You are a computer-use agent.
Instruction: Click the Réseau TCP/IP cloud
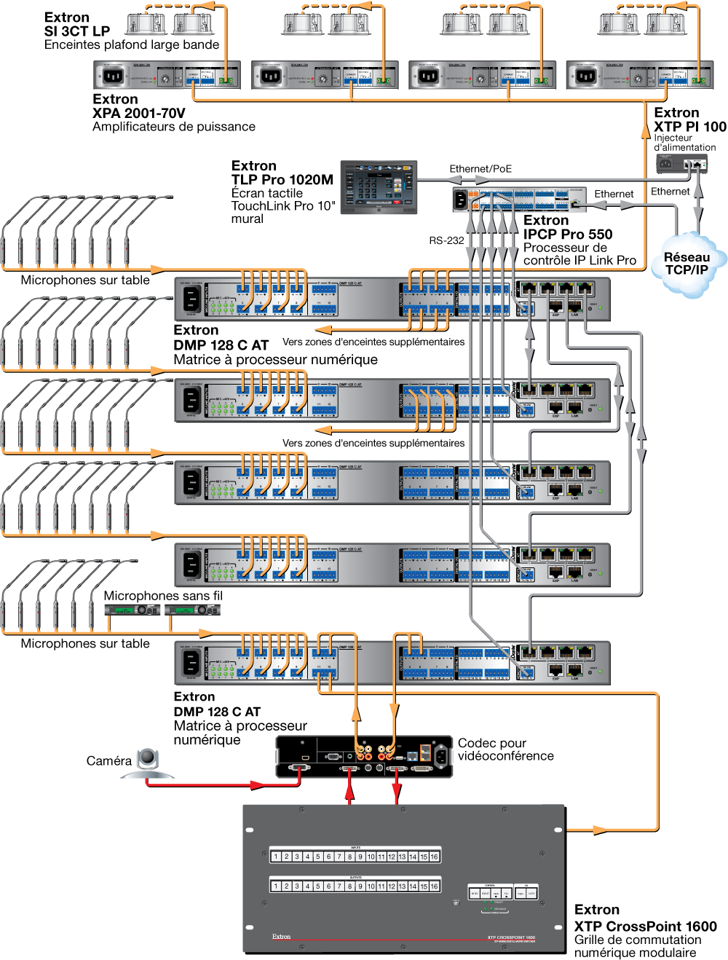[x=686, y=264]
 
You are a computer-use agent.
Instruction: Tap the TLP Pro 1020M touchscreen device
[x=379, y=187]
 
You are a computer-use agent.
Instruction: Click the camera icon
[x=149, y=762]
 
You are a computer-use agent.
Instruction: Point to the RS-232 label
[x=446, y=240]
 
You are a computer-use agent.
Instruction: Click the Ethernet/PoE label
[x=480, y=169]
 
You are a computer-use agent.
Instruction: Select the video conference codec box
[x=364, y=756]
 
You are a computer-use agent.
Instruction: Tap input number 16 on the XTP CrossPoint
[x=434, y=857]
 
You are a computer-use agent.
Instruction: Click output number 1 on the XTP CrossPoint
[x=276, y=886]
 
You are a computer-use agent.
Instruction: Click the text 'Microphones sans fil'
[x=163, y=596]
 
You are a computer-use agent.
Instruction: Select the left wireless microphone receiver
[x=132, y=610]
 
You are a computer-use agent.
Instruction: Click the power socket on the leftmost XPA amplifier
[x=113, y=76]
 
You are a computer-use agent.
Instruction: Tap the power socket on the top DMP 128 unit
[x=191, y=299]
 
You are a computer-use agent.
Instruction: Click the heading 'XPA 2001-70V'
[x=139, y=113]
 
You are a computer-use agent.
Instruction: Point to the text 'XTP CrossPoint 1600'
[x=645, y=926]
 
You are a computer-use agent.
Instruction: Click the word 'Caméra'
[x=109, y=761]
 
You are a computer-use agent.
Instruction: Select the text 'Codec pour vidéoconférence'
[x=505, y=749]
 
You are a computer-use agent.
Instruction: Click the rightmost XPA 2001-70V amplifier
[x=639, y=75]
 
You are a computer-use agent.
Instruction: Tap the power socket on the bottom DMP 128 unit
[x=191, y=663]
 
